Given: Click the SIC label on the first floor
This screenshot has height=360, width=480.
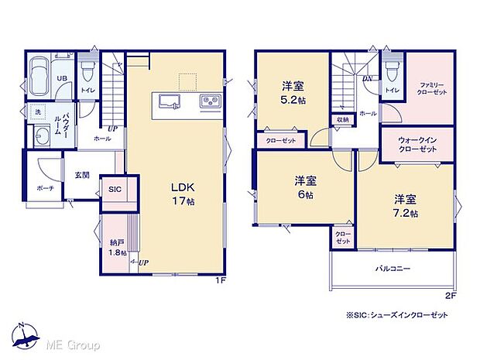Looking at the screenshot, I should (115, 189).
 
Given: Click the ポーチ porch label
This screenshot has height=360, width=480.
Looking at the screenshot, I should (44, 188).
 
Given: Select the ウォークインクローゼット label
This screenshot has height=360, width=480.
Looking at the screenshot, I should (420, 145).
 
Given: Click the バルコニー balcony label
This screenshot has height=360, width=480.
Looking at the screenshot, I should (393, 269).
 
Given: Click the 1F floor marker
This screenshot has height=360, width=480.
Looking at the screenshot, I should (219, 280).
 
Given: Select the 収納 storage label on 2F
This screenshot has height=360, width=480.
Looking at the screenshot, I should (342, 119).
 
